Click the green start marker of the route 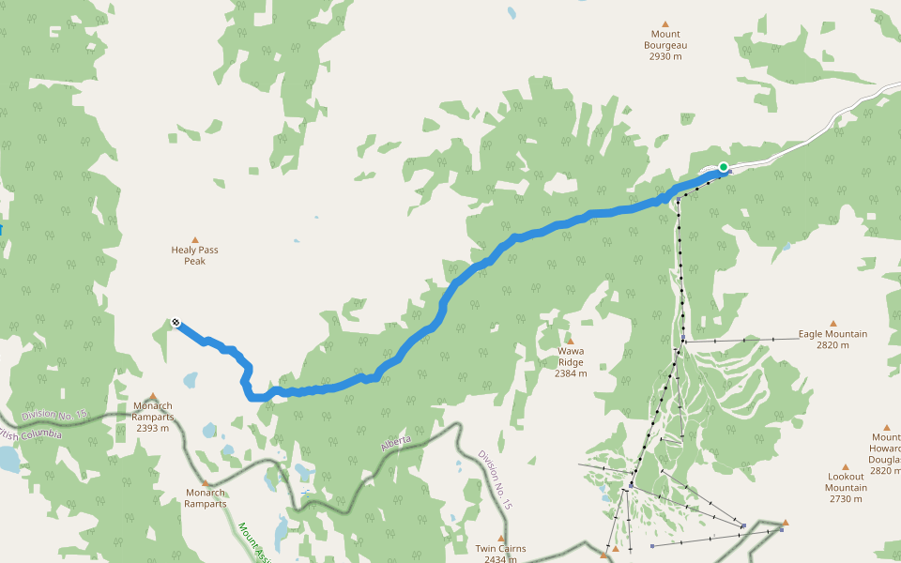coord(724,167)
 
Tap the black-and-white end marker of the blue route coord(176,324)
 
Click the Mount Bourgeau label coord(665,45)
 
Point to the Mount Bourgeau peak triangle coord(665,24)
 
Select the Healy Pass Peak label coord(195,255)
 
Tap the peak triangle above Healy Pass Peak coord(195,240)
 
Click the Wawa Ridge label coord(571,362)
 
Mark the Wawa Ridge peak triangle coord(569,341)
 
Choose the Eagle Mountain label coord(832,339)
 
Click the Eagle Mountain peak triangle coord(832,323)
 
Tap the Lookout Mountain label coord(846,488)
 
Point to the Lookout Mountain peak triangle coord(845,466)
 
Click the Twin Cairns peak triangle coord(501,538)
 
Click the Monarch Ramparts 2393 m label coord(152,417)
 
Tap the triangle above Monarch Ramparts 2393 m coord(152,396)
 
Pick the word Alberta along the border coord(397,444)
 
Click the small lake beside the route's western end coord(191,380)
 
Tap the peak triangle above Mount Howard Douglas coord(887,427)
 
